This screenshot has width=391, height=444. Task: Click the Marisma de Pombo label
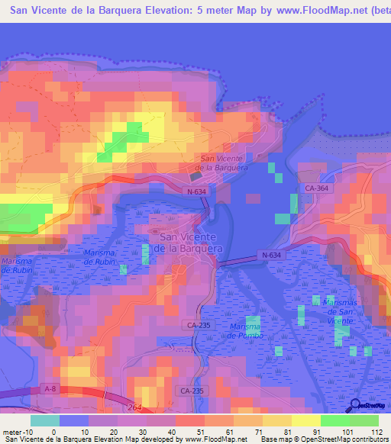246,331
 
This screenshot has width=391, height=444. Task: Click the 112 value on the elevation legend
376,431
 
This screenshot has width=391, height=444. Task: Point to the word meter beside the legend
12,431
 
